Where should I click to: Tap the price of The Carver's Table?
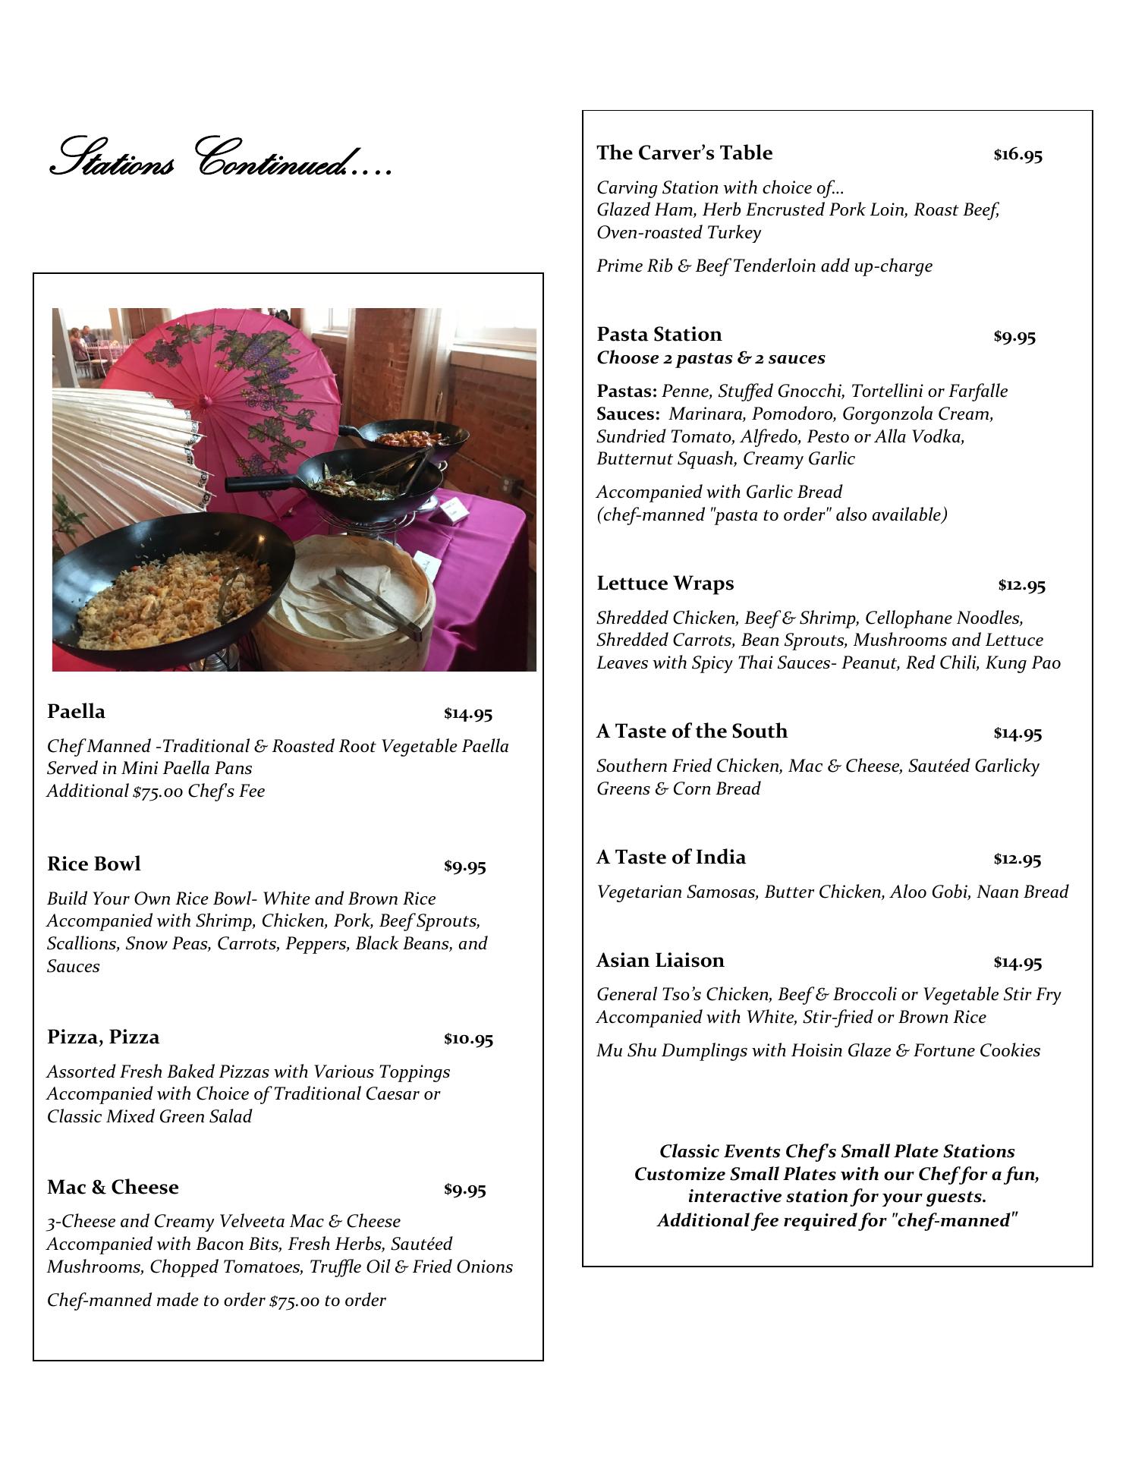(1017, 155)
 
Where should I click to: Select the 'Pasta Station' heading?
(659, 335)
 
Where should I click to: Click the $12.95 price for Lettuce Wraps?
(1021, 585)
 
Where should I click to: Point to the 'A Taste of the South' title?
(691, 732)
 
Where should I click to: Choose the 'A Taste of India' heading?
(671, 858)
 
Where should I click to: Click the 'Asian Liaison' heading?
(660, 961)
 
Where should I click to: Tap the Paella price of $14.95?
(468, 714)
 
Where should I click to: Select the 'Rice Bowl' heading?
(93, 864)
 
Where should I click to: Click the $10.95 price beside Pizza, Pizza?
(468, 1039)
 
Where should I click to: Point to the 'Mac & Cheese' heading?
(112, 1188)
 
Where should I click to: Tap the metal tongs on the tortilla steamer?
(372, 599)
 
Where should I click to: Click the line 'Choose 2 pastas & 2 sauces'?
(710, 358)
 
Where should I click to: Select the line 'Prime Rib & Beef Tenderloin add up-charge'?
(764, 266)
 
